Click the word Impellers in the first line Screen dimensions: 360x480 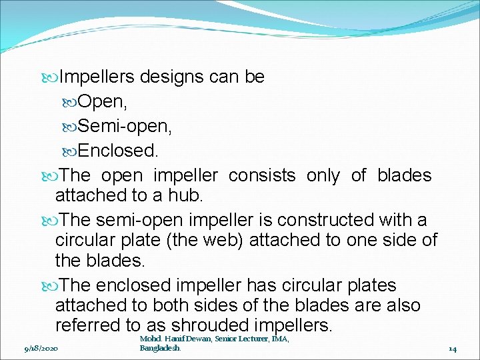tap(97, 77)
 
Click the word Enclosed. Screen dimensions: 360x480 tap(119, 151)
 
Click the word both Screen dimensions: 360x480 tap(169, 305)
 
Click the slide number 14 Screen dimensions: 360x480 tap(452, 348)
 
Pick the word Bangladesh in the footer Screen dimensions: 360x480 tap(160, 348)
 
